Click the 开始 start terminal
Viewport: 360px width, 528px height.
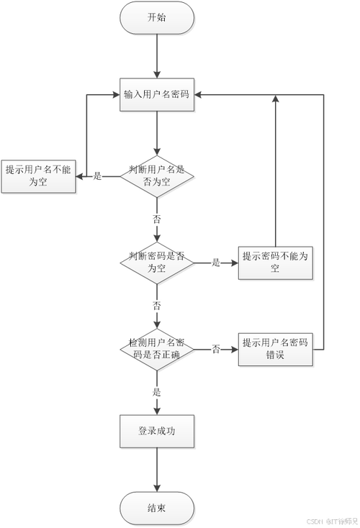pos(156,17)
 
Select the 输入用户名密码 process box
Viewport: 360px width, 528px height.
pos(156,94)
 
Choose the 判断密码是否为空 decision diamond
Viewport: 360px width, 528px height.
pos(156,262)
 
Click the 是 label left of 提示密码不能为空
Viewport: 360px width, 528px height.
pos(215,263)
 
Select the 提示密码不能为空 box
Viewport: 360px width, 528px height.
pos(276,263)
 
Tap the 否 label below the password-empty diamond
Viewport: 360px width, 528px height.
pos(156,306)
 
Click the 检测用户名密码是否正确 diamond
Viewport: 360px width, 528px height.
pos(156,350)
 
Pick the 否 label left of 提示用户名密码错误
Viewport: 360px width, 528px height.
pos(215,350)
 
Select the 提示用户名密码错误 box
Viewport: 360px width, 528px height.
pos(276,350)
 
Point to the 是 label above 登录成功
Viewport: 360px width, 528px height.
pos(156,392)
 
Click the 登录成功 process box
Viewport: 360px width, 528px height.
pos(156,432)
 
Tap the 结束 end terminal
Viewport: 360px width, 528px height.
pos(156,508)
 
